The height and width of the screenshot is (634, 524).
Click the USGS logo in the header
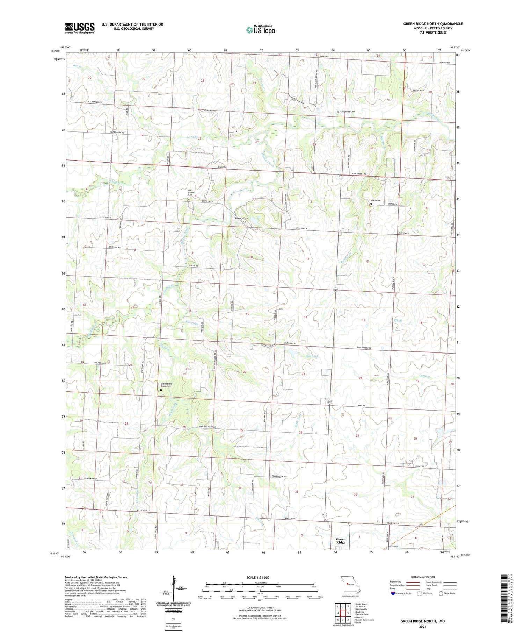coord(80,28)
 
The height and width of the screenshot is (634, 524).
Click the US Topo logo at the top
coord(260,30)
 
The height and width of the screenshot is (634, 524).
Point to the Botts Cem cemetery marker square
coord(371,204)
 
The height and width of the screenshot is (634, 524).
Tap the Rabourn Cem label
coord(241,218)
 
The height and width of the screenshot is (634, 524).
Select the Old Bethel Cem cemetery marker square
coord(188,198)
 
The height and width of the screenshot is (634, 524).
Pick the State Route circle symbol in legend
coord(441,593)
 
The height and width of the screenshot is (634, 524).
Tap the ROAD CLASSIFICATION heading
coord(423,577)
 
